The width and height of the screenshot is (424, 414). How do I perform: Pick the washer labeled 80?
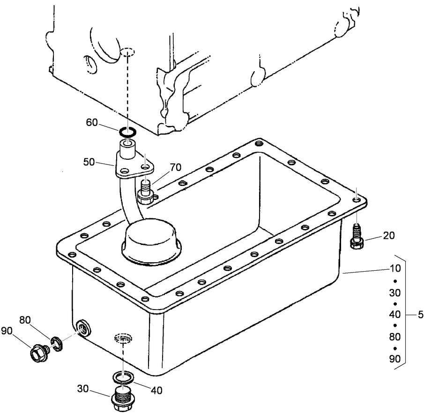(57, 343)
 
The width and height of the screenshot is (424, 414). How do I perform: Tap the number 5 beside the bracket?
(420, 315)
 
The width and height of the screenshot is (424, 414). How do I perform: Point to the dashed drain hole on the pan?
(124, 338)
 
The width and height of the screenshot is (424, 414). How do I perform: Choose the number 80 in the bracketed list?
(394, 336)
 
